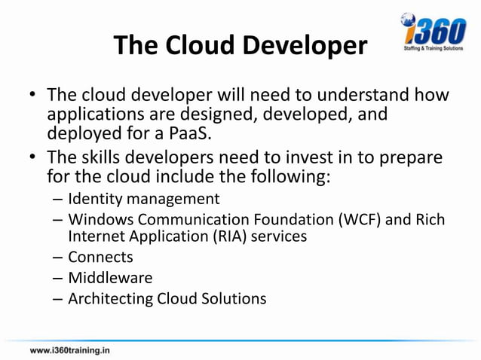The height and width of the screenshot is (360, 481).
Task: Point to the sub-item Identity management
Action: tap(144, 199)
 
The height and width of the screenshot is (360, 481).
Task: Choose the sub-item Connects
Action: tap(100, 257)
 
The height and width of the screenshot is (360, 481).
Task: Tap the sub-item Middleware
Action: tap(110, 277)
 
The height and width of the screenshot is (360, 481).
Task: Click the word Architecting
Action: tap(110, 298)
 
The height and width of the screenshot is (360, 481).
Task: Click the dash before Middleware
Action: tap(58, 277)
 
